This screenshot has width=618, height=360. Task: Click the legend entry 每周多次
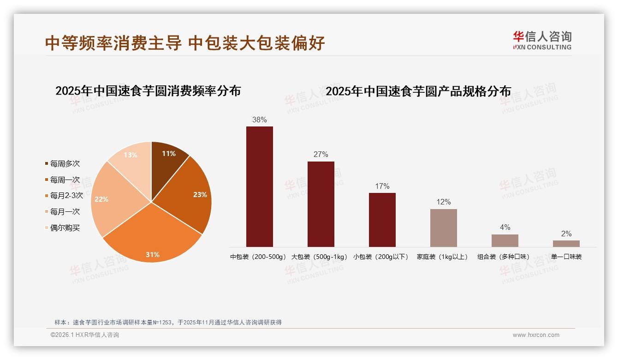(x=65, y=164)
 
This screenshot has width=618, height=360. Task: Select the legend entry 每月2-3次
(x=66, y=196)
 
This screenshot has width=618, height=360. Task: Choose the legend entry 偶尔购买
(x=65, y=228)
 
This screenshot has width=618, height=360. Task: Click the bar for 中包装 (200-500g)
(x=260, y=186)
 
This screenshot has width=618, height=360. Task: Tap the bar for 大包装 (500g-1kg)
(x=321, y=204)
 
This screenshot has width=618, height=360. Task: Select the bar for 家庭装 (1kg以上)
(x=444, y=228)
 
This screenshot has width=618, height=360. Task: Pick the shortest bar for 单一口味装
(x=566, y=244)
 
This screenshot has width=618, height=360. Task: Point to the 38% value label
(x=260, y=120)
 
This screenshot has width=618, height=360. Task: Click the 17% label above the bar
(x=382, y=186)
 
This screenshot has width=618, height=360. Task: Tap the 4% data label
(x=505, y=228)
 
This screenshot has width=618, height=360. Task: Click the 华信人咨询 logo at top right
(x=542, y=40)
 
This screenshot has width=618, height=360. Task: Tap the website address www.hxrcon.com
(x=536, y=335)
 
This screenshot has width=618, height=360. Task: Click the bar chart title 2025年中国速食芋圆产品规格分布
(x=418, y=91)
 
